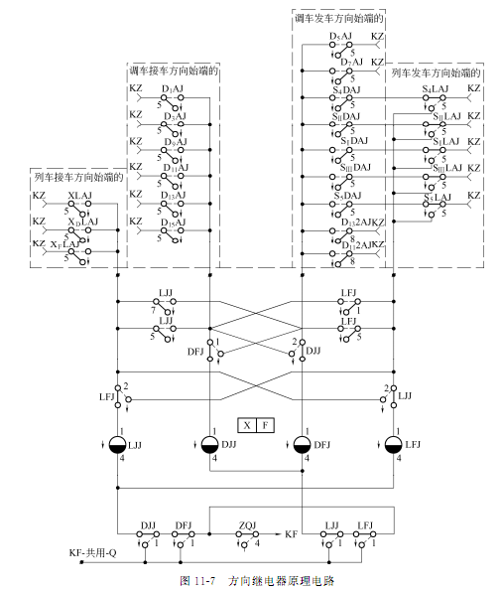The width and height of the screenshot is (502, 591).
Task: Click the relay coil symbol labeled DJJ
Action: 209,443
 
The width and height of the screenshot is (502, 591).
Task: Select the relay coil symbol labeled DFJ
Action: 302,443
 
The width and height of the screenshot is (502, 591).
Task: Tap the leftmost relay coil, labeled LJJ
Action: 117,443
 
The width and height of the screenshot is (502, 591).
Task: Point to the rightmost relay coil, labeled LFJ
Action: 394,443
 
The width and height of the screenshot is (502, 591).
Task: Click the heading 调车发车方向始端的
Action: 338,18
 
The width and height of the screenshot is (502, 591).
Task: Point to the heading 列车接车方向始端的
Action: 76,178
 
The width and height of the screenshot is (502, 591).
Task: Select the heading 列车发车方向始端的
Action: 437,74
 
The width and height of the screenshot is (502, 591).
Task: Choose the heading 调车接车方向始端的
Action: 174,71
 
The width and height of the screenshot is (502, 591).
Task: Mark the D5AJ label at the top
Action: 343,39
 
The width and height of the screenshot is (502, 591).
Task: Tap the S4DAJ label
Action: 346,90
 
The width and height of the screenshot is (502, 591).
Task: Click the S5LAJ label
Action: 436,197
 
